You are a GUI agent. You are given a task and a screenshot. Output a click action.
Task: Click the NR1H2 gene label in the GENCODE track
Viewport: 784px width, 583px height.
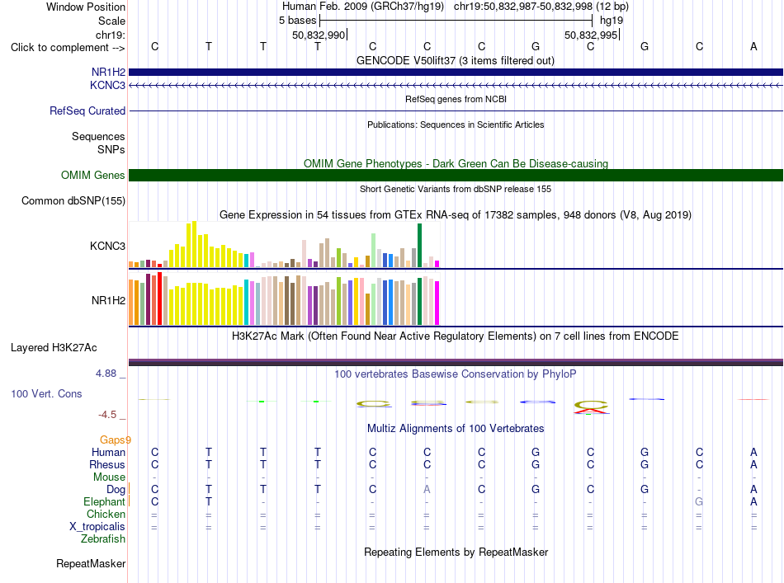[x=108, y=72]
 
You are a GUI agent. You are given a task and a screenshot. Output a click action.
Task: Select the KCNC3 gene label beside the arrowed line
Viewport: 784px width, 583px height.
[x=107, y=85]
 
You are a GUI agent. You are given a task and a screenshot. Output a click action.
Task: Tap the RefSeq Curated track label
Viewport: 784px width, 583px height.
[x=87, y=110]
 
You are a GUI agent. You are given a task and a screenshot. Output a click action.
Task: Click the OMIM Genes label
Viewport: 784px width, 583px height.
[x=93, y=176]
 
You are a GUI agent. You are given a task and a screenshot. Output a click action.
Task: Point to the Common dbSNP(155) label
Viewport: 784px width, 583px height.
[x=73, y=201]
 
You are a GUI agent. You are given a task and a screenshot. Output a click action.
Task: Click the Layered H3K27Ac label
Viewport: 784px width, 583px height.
[x=54, y=348]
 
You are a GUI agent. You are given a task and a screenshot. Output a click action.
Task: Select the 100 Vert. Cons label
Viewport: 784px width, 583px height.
[x=46, y=393]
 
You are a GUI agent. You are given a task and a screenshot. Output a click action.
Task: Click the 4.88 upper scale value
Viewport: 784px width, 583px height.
[x=106, y=374]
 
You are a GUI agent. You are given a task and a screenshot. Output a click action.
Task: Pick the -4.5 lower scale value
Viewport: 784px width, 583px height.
[x=107, y=415]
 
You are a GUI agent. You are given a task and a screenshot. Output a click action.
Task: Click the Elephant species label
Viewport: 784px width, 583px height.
[x=104, y=501]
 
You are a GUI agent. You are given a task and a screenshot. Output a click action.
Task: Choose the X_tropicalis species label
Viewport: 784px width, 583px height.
[x=97, y=527]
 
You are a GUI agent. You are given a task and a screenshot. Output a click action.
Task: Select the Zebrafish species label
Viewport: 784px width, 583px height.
[x=103, y=539]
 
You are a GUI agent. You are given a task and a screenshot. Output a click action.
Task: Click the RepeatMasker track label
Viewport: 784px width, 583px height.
[x=91, y=563]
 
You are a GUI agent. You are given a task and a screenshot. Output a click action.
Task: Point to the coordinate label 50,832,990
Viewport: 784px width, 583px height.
[x=319, y=35]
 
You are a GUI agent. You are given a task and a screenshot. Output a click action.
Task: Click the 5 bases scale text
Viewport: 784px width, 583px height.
[x=297, y=21]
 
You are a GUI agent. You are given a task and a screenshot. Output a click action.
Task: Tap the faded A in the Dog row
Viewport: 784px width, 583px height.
[x=427, y=489]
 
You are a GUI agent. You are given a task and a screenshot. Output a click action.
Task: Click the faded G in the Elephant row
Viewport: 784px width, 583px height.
[x=699, y=501]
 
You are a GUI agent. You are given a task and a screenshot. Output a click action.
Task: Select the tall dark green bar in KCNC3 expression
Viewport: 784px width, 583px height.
[x=420, y=245]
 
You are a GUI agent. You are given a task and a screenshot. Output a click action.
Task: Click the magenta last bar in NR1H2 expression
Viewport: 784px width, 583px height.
[x=437, y=303]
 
